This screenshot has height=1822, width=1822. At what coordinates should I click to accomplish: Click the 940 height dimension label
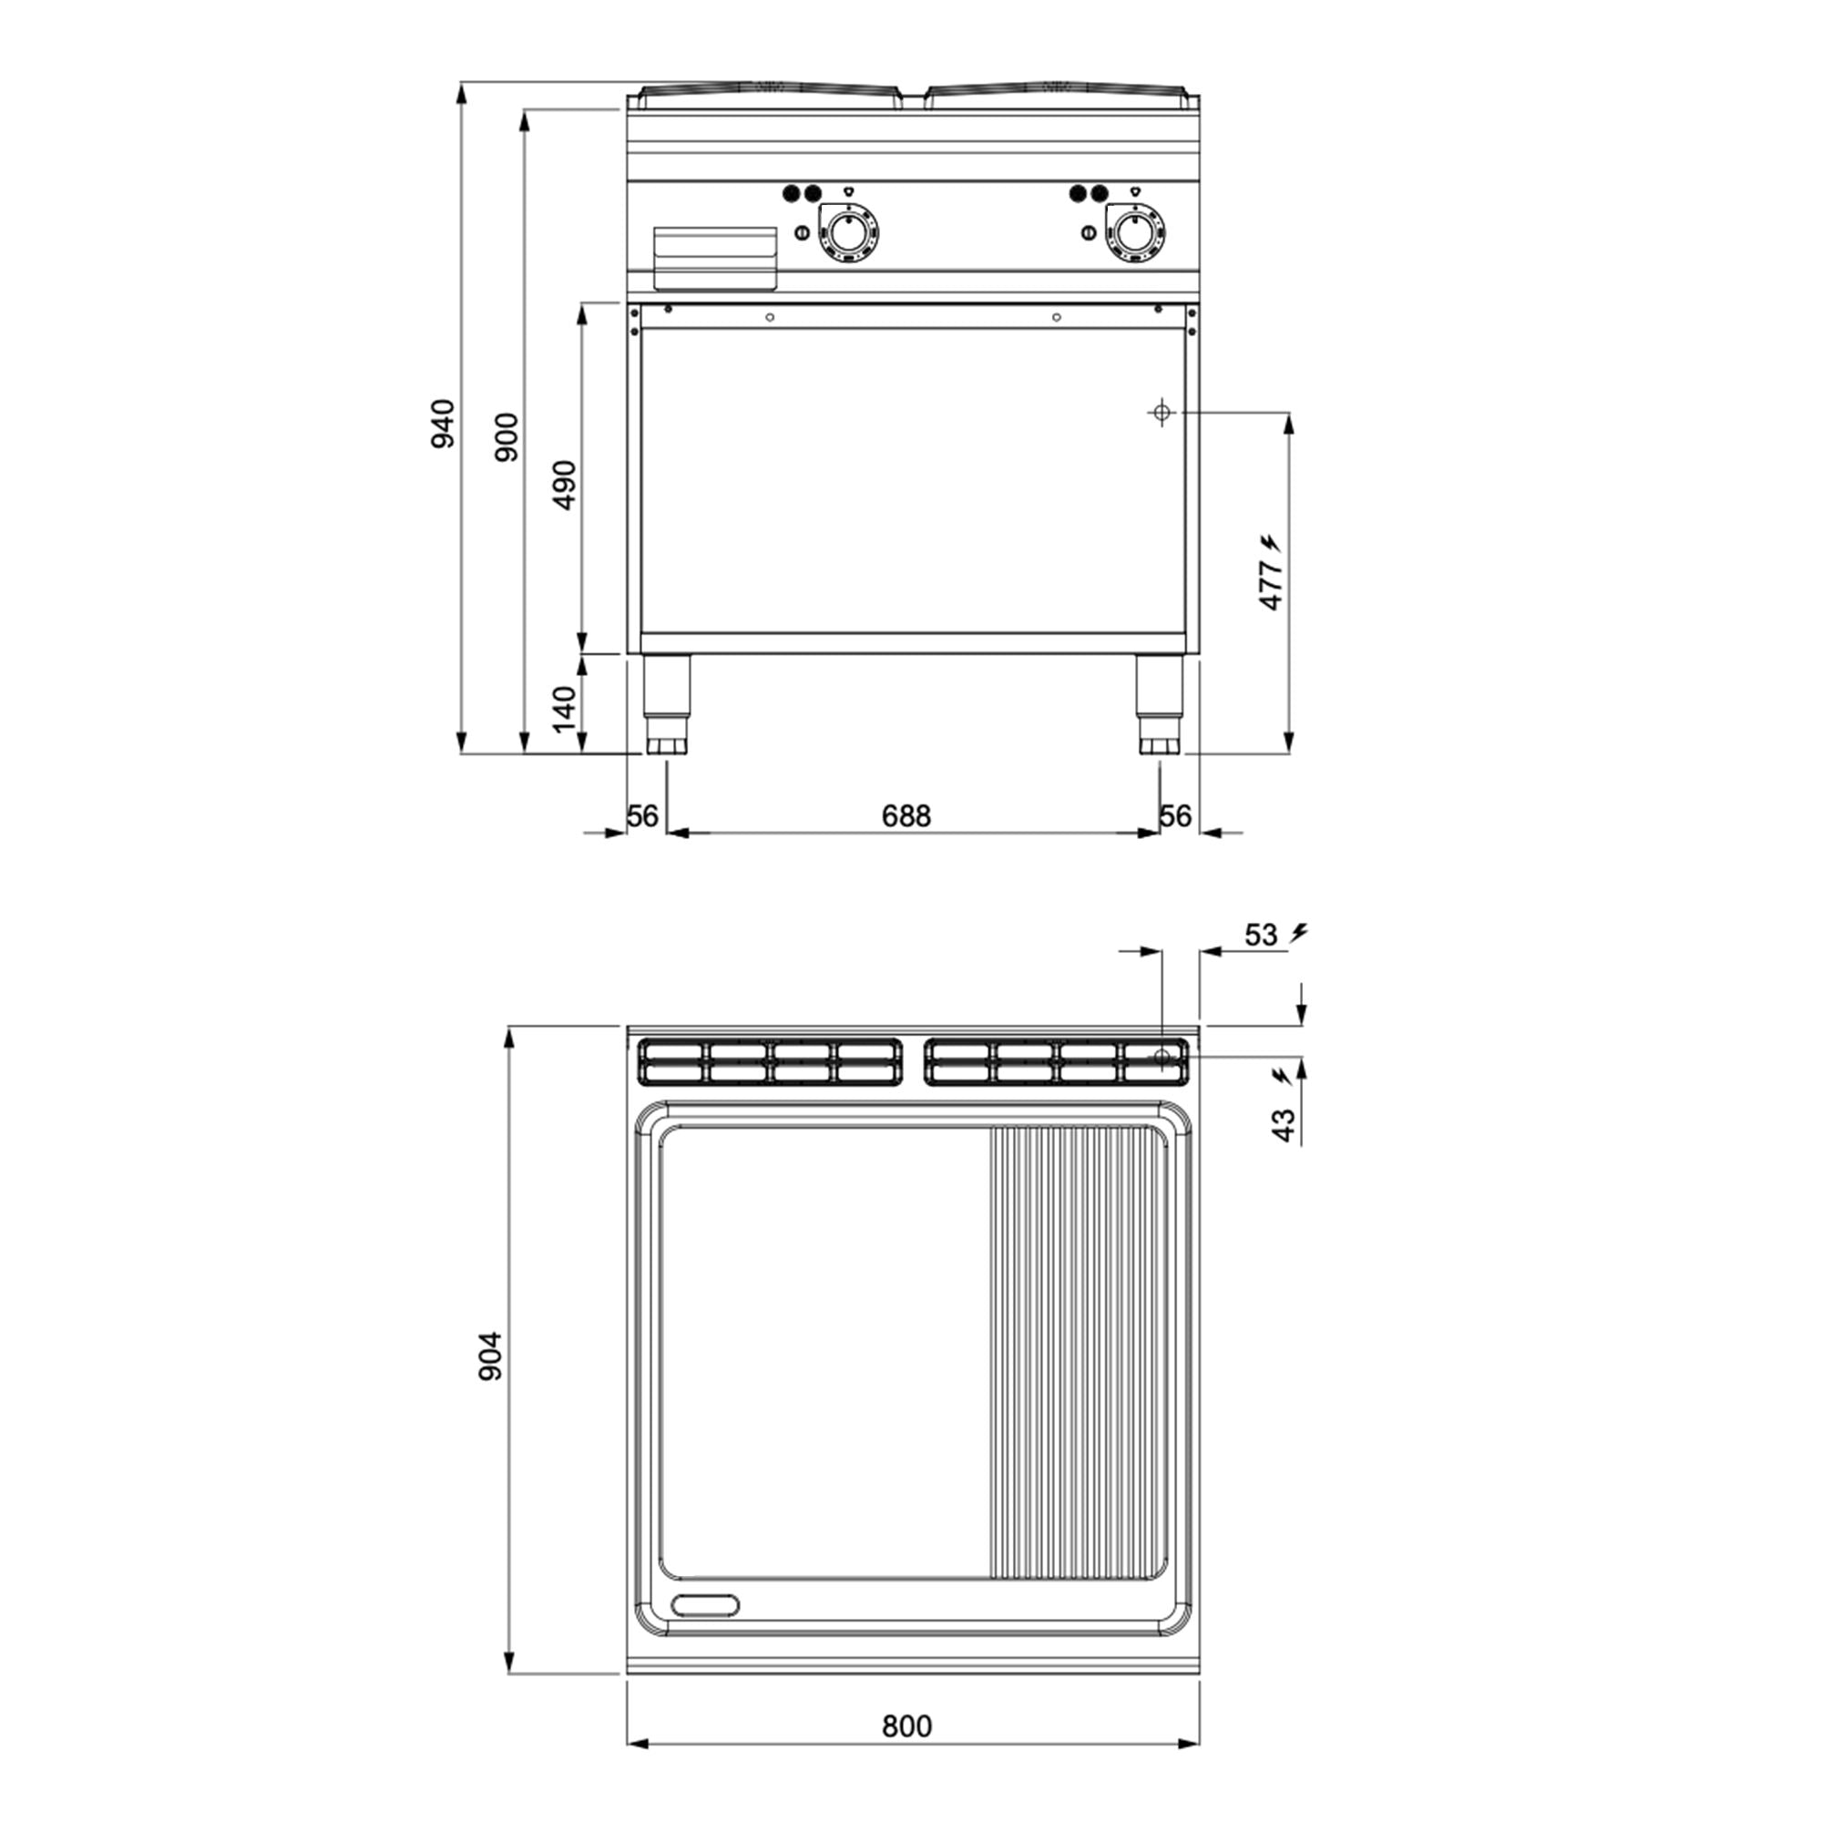[x=443, y=424]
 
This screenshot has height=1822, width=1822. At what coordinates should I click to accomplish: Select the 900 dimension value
[x=507, y=436]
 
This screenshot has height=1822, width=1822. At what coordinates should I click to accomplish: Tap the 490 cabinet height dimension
[x=564, y=485]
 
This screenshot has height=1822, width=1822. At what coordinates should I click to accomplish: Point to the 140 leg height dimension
[x=563, y=709]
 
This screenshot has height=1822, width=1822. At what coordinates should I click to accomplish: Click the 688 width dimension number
[x=906, y=815]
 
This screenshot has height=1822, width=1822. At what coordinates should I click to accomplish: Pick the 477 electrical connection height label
[x=1271, y=585]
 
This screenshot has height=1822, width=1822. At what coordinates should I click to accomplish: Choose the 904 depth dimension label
[x=490, y=1357]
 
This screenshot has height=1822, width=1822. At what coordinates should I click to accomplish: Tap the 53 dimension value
[x=1261, y=935]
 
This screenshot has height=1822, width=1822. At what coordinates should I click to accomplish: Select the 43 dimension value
[x=1285, y=1125]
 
